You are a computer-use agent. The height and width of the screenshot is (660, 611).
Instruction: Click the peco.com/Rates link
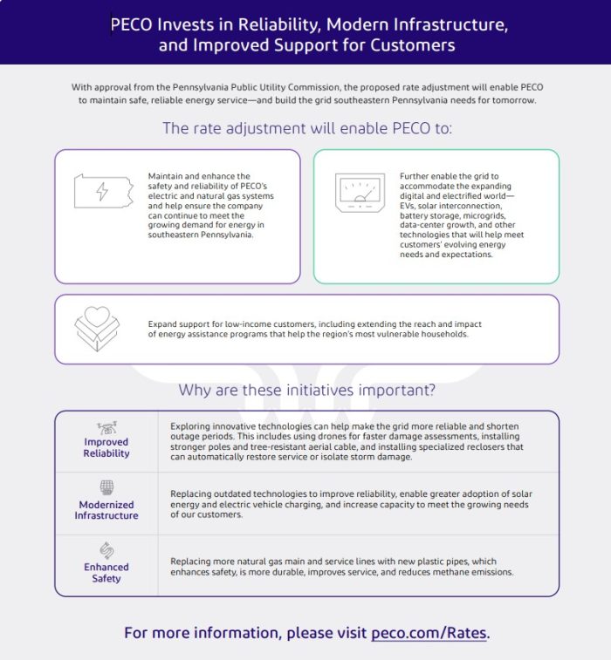429,632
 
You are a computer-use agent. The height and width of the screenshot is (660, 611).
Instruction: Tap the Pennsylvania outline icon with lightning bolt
103,191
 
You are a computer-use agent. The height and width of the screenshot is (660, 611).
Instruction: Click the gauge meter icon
360,193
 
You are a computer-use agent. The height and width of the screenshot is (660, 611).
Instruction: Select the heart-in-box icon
97,329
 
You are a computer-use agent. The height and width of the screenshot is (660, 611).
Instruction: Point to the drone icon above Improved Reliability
106,427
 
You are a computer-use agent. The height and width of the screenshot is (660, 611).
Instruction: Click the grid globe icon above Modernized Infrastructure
106,487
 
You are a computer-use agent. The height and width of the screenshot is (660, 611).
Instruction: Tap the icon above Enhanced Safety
106,550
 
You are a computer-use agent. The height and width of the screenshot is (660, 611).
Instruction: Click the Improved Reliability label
106,447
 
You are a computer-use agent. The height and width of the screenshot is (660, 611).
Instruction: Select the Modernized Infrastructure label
106,510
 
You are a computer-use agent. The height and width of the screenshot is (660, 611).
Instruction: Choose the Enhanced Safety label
106,573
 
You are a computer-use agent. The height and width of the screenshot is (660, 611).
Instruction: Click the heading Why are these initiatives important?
306,390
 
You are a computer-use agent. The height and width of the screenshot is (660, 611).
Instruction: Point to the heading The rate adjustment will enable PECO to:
306,129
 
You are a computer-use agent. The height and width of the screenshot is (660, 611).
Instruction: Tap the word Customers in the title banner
411,45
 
